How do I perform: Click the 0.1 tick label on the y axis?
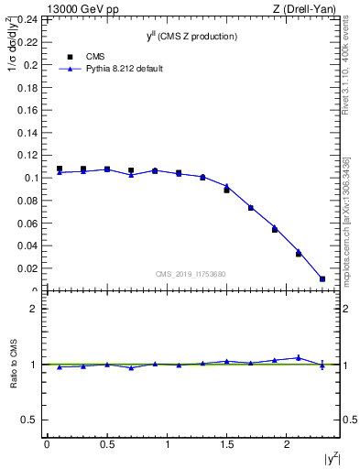[31, 178]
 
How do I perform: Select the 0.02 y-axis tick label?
[28, 268]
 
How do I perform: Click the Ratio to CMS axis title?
[16, 364]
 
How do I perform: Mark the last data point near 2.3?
[322, 278]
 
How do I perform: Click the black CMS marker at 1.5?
[226, 190]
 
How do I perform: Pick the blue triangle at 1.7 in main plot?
[250, 208]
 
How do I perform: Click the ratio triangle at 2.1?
[299, 357]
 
